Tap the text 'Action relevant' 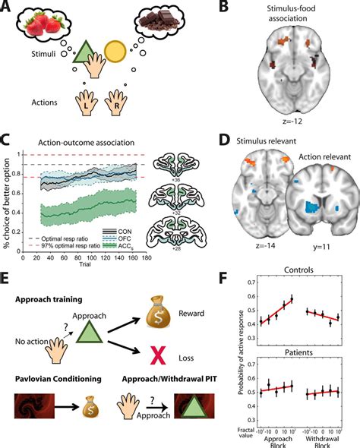[321, 179]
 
